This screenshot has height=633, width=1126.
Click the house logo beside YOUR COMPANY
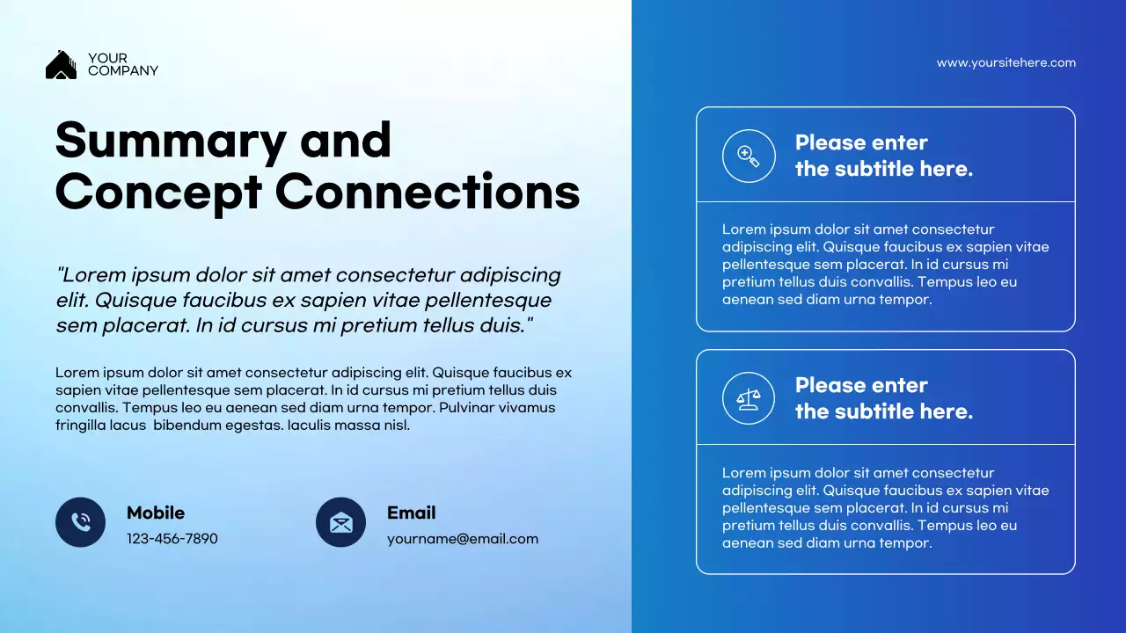[61, 65]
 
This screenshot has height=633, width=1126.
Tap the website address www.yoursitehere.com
[1005, 62]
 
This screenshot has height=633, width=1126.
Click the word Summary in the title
[171, 140]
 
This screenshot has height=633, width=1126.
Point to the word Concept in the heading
[158, 192]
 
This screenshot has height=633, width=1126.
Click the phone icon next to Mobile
[81, 522]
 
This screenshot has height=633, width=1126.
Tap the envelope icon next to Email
[340, 522]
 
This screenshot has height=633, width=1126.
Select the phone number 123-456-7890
[172, 539]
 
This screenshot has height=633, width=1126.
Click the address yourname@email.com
[462, 539]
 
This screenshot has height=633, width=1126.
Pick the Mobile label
[156, 513]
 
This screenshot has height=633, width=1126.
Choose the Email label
[411, 513]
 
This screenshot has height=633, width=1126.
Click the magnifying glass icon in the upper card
[749, 156]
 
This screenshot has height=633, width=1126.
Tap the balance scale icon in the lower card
[749, 399]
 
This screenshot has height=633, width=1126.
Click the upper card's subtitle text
[883, 156]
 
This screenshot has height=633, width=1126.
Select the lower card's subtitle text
[883, 398]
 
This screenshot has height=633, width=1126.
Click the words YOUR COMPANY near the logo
[122, 65]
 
